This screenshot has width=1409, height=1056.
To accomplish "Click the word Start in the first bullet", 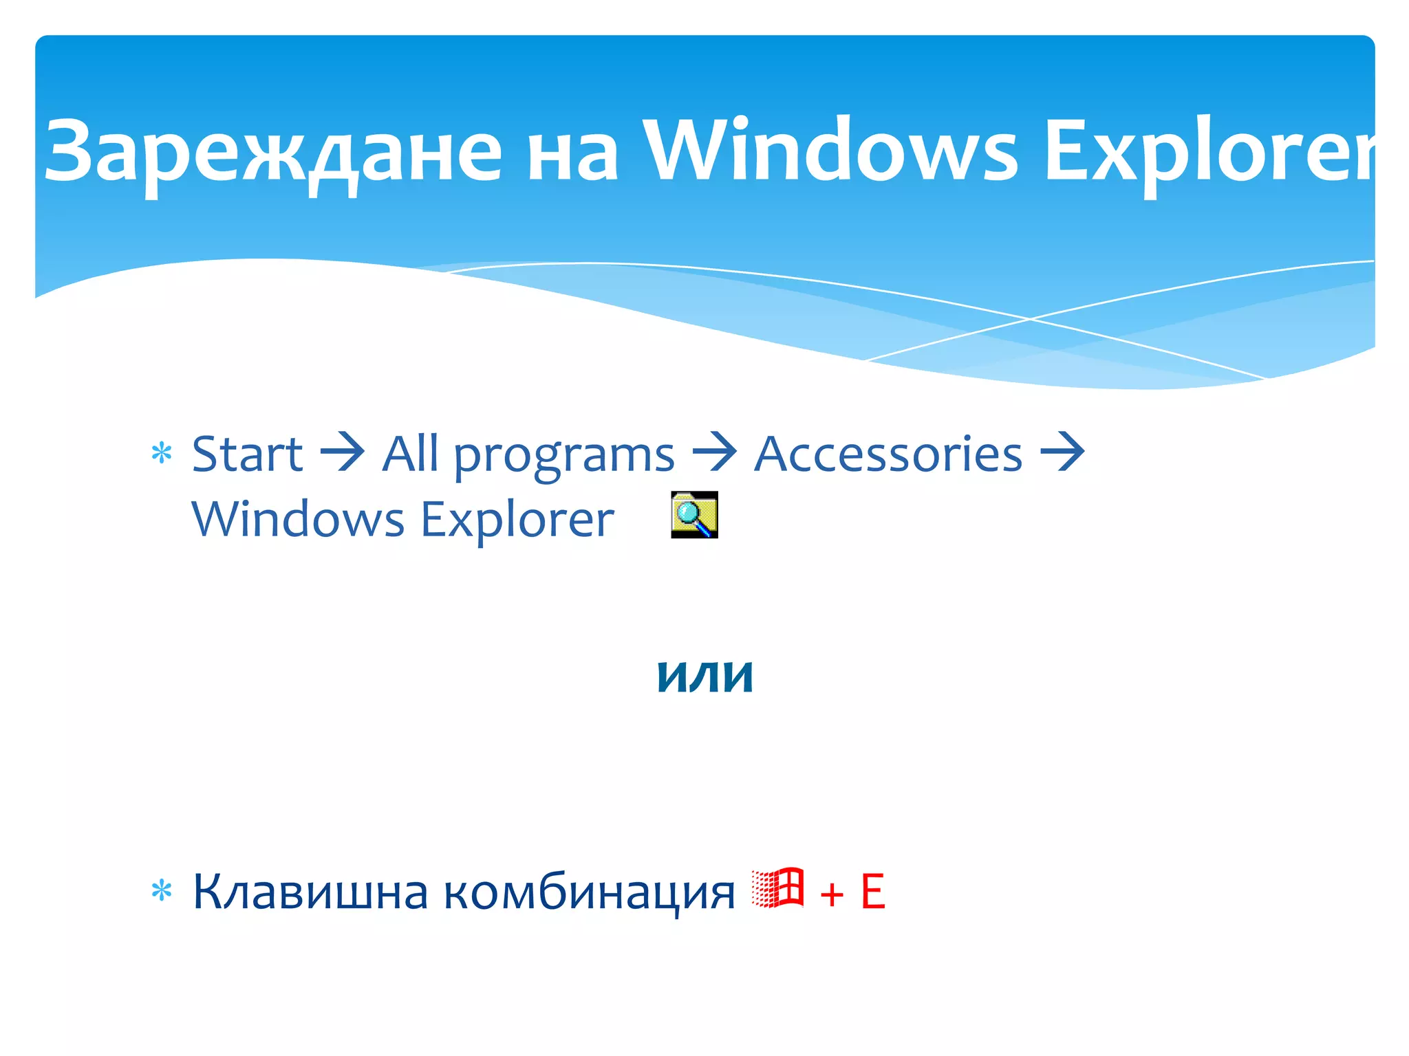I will click(247, 454).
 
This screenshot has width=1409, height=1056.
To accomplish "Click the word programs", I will click(564, 458).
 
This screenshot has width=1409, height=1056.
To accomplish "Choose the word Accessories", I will click(888, 454).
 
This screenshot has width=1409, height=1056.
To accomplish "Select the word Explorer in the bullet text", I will click(517, 520).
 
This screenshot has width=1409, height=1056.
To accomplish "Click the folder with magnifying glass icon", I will click(694, 514).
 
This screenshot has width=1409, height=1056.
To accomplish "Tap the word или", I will click(705, 676).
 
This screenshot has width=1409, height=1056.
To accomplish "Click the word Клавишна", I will click(310, 892).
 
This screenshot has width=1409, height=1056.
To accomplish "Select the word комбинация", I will click(589, 892).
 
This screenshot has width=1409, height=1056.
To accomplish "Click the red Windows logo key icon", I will click(777, 888).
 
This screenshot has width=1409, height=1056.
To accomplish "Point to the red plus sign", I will click(832, 894).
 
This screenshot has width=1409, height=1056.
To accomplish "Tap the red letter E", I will click(872, 892).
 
